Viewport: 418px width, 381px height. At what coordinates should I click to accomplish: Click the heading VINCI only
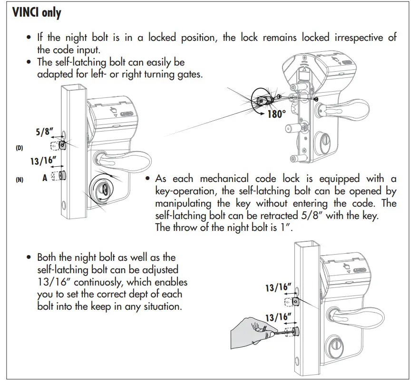pyautogui.click(x=36, y=13)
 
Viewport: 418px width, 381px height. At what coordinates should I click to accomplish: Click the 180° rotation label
pyautogui.click(x=276, y=114)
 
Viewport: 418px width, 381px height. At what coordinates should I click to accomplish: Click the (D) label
pyautogui.click(x=19, y=148)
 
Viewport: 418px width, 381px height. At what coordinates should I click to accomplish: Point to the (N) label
pyautogui.click(x=19, y=180)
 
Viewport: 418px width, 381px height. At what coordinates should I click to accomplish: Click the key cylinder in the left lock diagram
pyautogui.click(x=104, y=188)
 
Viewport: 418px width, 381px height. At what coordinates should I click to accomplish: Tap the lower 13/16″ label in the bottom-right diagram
pyautogui.click(x=278, y=317)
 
